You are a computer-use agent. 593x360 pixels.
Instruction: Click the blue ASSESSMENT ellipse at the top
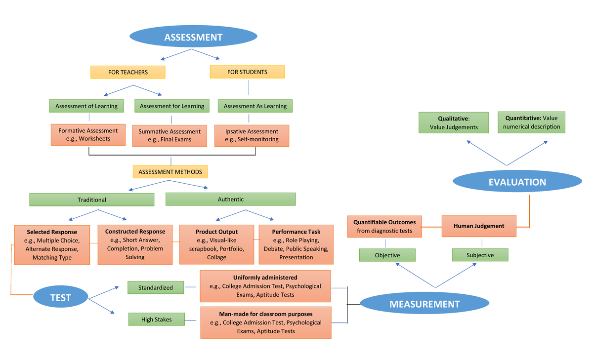(193, 37)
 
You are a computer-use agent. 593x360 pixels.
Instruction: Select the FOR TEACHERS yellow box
(128, 72)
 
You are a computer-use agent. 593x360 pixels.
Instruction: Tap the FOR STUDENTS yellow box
(247, 72)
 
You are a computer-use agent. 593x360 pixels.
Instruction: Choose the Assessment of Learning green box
(86, 106)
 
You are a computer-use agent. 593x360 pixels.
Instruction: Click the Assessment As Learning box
(255, 106)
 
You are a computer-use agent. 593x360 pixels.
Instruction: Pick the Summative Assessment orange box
(169, 135)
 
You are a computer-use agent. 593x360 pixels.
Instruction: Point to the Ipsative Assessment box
(252, 135)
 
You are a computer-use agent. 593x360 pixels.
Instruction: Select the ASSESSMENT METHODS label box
(170, 172)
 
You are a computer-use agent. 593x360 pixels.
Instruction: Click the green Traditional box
(92, 200)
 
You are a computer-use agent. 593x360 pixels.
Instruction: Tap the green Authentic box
(230, 199)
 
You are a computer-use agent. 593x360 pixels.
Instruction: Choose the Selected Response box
(52, 244)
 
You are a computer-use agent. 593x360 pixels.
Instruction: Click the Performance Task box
(296, 244)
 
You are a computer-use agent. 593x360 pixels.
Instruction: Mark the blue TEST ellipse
(61, 297)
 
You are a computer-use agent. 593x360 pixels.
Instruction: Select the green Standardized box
(156, 287)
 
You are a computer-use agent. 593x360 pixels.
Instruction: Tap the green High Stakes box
(156, 320)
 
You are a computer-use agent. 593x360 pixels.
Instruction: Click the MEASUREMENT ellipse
(424, 304)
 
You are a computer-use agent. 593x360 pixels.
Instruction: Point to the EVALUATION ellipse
(517, 182)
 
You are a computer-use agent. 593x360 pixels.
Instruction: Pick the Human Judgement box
(479, 226)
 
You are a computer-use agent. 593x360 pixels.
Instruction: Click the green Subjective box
(480, 255)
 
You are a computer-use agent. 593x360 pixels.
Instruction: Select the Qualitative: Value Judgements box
(454, 122)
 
